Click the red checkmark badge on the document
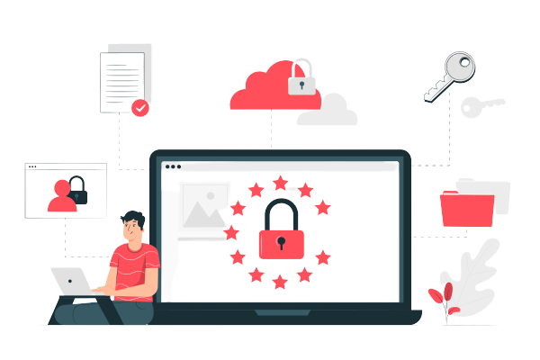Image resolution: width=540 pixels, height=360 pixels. (139, 108)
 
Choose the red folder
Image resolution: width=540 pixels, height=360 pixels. (466, 208)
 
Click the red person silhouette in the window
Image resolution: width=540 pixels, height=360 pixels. (62, 197)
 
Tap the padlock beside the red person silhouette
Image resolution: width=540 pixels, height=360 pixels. (78, 191)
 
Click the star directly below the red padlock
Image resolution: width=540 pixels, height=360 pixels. (280, 282)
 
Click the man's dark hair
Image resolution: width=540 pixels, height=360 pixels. (131, 217)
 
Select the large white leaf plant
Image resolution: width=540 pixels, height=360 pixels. (472, 270)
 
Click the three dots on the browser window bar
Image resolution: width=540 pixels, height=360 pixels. (172, 166)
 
